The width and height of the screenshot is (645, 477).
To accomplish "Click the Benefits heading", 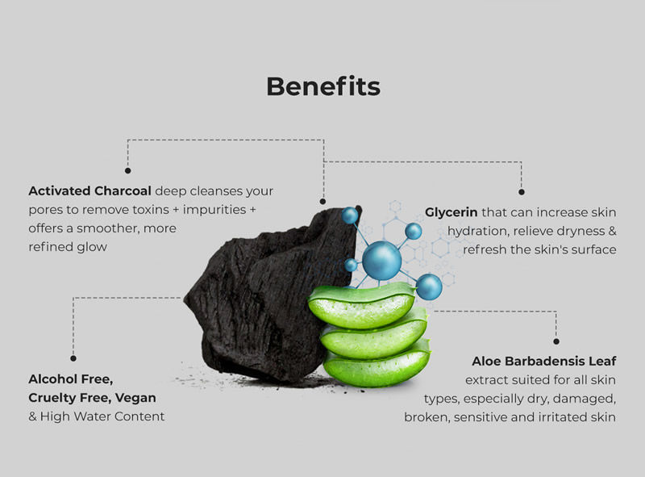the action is click(x=323, y=86).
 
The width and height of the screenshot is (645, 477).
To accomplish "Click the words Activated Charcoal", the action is click(x=90, y=191).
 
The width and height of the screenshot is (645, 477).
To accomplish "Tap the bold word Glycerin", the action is click(x=451, y=212).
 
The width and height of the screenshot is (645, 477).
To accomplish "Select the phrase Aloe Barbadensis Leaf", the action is click(x=543, y=362).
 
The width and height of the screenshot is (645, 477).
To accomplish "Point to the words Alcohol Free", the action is click(x=71, y=379).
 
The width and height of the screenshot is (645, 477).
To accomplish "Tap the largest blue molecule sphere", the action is click(x=381, y=261).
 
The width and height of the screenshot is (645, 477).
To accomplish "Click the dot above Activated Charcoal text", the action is click(x=128, y=170).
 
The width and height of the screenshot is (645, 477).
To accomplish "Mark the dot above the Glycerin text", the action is click(x=522, y=192).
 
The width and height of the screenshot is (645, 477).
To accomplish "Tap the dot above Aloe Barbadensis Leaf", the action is click(x=556, y=341).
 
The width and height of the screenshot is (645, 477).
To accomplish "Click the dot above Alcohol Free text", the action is click(x=73, y=358).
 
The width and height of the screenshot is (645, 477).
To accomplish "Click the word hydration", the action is click(x=477, y=232).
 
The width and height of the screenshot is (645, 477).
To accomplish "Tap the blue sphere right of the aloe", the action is click(x=429, y=287).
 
